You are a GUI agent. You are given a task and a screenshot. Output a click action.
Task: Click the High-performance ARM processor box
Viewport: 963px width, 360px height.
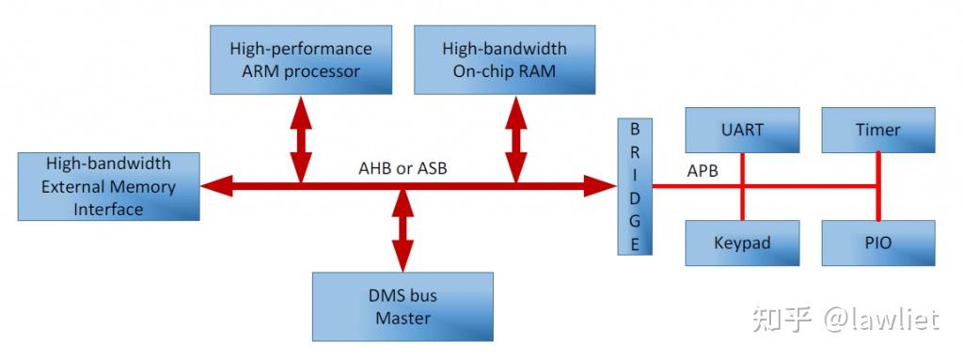(x=301, y=59)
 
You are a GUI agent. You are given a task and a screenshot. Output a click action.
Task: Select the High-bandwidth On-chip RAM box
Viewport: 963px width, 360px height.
(x=505, y=59)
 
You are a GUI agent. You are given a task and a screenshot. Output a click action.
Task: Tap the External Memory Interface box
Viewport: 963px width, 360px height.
(x=109, y=186)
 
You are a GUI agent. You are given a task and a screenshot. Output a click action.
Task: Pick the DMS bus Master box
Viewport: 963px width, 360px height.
(x=403, y=306)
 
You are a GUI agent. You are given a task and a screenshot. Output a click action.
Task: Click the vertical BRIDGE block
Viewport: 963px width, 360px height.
(x=635, y=186)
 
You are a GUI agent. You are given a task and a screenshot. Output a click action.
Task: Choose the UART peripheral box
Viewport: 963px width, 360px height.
(x=743, y=131)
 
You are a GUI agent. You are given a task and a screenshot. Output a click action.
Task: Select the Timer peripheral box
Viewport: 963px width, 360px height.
(x=878, y=131)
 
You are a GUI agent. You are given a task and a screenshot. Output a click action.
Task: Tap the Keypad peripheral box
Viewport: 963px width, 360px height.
(x=743, y=243)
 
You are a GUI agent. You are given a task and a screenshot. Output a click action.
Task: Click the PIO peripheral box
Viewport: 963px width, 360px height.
(x=878, y=243)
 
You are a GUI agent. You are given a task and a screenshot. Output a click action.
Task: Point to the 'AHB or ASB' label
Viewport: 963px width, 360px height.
(x=403, y=167)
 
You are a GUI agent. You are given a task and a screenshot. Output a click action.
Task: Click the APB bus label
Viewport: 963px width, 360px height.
(x=703, y=171)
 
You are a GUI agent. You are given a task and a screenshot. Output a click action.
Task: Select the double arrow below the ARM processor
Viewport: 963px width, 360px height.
(x=301, y=139)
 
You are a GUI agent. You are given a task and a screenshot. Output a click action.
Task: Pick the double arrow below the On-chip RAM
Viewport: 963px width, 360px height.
(x=516, y=139)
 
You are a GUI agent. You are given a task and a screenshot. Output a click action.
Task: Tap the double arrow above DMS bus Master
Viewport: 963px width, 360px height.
(x=403, y=229)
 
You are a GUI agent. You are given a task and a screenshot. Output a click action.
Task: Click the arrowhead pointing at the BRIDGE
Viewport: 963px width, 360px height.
(x=599, y=186)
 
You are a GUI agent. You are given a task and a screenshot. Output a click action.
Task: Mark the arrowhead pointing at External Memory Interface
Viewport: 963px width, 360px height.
(x=217, y=186)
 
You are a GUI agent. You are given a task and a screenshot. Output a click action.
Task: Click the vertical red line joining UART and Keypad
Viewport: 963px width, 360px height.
(x=743, y=187)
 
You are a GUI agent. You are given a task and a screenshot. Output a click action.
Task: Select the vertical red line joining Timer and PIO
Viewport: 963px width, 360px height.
(x=878, y=187)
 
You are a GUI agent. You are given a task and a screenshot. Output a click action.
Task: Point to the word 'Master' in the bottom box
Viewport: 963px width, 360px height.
(x=403, y=319)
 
